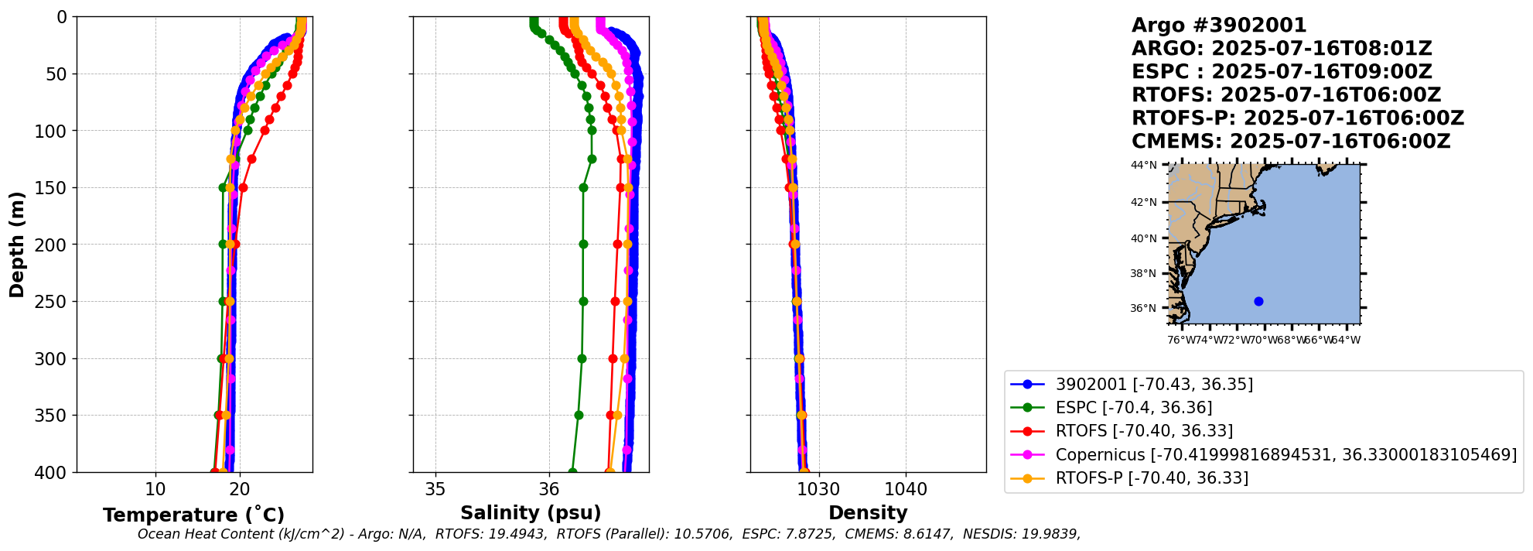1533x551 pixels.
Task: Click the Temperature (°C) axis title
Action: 193,515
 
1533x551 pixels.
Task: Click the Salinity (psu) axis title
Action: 531,512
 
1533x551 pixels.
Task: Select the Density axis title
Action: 868,512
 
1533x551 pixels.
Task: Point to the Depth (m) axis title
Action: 17,245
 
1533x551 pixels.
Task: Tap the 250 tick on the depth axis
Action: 56,301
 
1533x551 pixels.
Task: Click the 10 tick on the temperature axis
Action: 155,489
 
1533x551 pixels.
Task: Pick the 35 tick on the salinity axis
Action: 435,489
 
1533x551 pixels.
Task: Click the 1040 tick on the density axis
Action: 906,489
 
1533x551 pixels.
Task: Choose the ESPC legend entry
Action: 1133,408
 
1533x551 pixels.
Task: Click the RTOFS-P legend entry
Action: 1151,478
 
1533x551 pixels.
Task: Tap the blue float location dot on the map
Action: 1258,301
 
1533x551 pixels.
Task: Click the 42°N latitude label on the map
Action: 1144,203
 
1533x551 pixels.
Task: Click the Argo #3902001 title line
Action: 1219,26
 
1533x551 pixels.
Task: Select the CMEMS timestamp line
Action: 1290,142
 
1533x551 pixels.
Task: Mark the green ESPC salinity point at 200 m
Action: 583,244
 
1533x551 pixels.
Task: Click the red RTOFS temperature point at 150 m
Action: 243,187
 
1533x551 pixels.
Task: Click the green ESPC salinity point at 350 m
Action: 579,415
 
